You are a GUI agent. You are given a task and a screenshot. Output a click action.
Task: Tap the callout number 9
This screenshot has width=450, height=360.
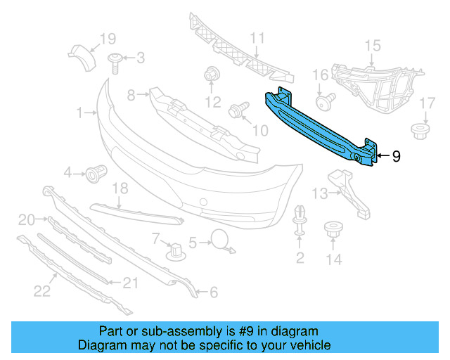396,156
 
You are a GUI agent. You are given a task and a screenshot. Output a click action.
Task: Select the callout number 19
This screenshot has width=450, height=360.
107,39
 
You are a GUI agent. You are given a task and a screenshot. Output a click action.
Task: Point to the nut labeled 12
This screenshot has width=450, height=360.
211,74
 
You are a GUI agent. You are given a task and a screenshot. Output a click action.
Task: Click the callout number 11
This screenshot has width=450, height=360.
257,39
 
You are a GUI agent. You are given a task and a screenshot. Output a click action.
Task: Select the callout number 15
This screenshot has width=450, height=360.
372,46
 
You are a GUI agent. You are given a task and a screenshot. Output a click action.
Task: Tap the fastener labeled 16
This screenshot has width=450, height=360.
324,103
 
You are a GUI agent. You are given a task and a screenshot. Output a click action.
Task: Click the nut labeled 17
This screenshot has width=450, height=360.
419,130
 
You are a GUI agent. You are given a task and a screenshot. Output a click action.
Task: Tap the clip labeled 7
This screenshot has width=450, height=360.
173,250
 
